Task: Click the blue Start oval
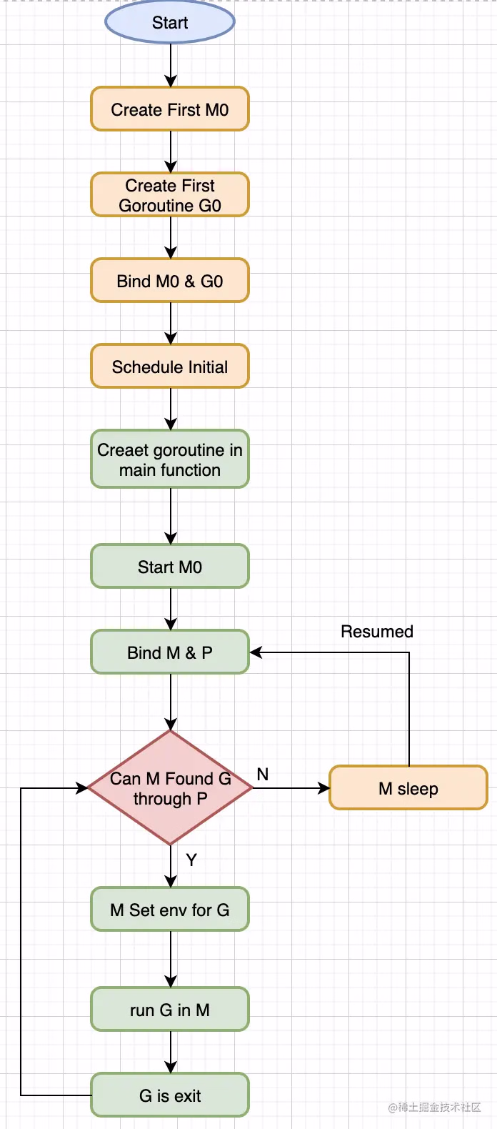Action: pyautogui.click(x=170, y=23)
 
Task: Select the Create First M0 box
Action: pyautogui.click(x=170, y=109)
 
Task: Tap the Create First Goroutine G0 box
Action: pyautogui.click(x=170, y=195)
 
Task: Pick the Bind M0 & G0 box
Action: pyautogui.click(x=170, y=281)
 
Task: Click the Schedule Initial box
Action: pyautogui.click(x=170, y=367)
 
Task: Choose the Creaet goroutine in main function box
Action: pyautogui.click(x=170, y=459)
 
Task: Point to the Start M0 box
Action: pyautogui.click(x=170, y=567)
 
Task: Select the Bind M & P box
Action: pyautogui.click(x=170, y=652)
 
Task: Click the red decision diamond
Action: pyautogui.click(x=170, y=788)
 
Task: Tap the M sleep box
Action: pyautogui.click(x=408, y=788)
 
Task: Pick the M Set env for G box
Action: pyautogui.click(x=170, y=910)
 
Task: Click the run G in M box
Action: pyautogui.click(x=170, y=1010)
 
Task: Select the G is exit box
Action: pyautogui.click(x=170, y=1095)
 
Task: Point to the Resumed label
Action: pyautogui.click(x=377, y=632)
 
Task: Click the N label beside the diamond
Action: pyautogui.click(x=263, y=775)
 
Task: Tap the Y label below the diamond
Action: pyautogui.click(x=191, y=860)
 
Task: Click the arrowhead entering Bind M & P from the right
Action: pyautogui.click(x=256, y=652)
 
